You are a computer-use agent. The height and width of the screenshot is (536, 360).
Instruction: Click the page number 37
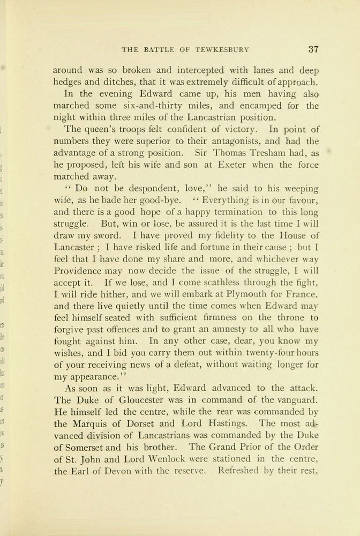[x=313, y=49]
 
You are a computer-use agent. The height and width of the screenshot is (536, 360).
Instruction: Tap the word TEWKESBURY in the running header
[x=222, y=50]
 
